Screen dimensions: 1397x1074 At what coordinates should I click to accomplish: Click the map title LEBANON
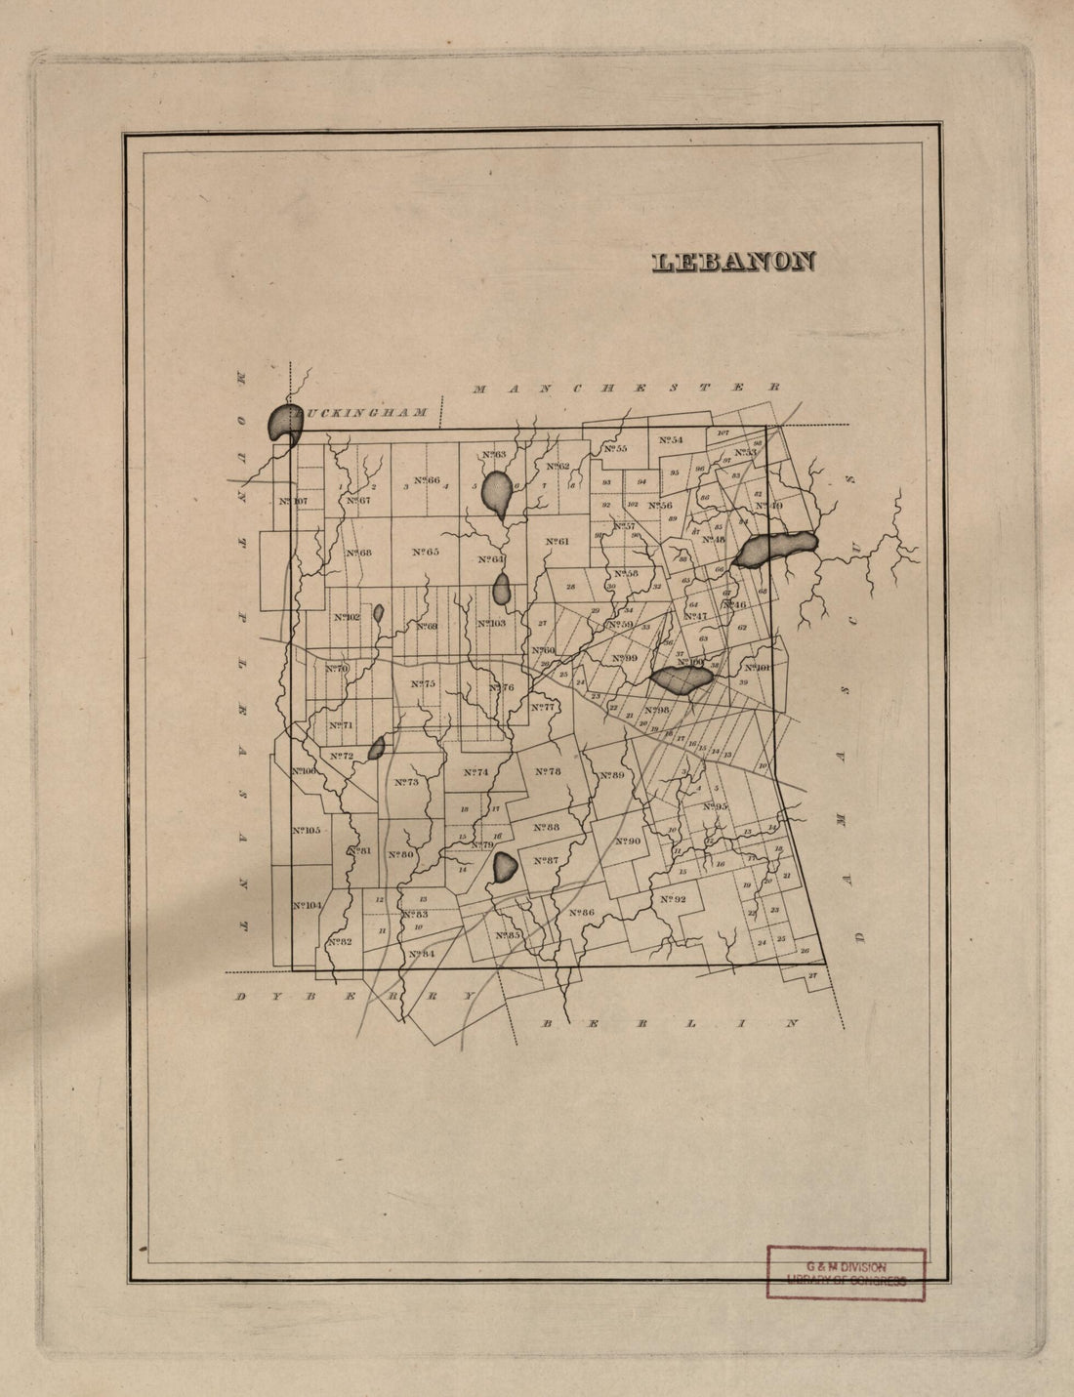pos(733,262)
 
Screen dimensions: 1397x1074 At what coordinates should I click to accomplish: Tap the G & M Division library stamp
pos(846,1273)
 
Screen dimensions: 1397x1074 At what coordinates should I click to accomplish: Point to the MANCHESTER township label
pos(626,388)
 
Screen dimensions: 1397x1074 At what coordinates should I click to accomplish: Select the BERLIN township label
pos(670,1024)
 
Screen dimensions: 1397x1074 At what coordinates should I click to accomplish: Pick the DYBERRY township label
pos(354,997)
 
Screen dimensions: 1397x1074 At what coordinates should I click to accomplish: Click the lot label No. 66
pos(427,480)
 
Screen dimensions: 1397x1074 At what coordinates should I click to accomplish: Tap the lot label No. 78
pos(548,771)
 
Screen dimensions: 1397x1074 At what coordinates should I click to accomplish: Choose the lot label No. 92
pos(674,899)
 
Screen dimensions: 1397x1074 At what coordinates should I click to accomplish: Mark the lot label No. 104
pos(307,906)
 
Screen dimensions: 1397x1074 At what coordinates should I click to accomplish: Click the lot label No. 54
pos(670,440)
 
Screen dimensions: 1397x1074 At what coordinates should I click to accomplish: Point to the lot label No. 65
pos(426,552)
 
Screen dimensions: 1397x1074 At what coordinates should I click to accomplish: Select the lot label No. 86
pos(581,913)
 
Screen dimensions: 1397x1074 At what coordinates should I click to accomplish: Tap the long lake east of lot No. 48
pos(775,550)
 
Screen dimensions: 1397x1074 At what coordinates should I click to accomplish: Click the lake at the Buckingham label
pos(281,422)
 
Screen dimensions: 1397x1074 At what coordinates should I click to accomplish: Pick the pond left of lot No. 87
pos(505,867)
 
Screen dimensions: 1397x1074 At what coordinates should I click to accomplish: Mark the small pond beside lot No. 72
pos(376,749)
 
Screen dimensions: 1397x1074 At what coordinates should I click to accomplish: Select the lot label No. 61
pos(557,542)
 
